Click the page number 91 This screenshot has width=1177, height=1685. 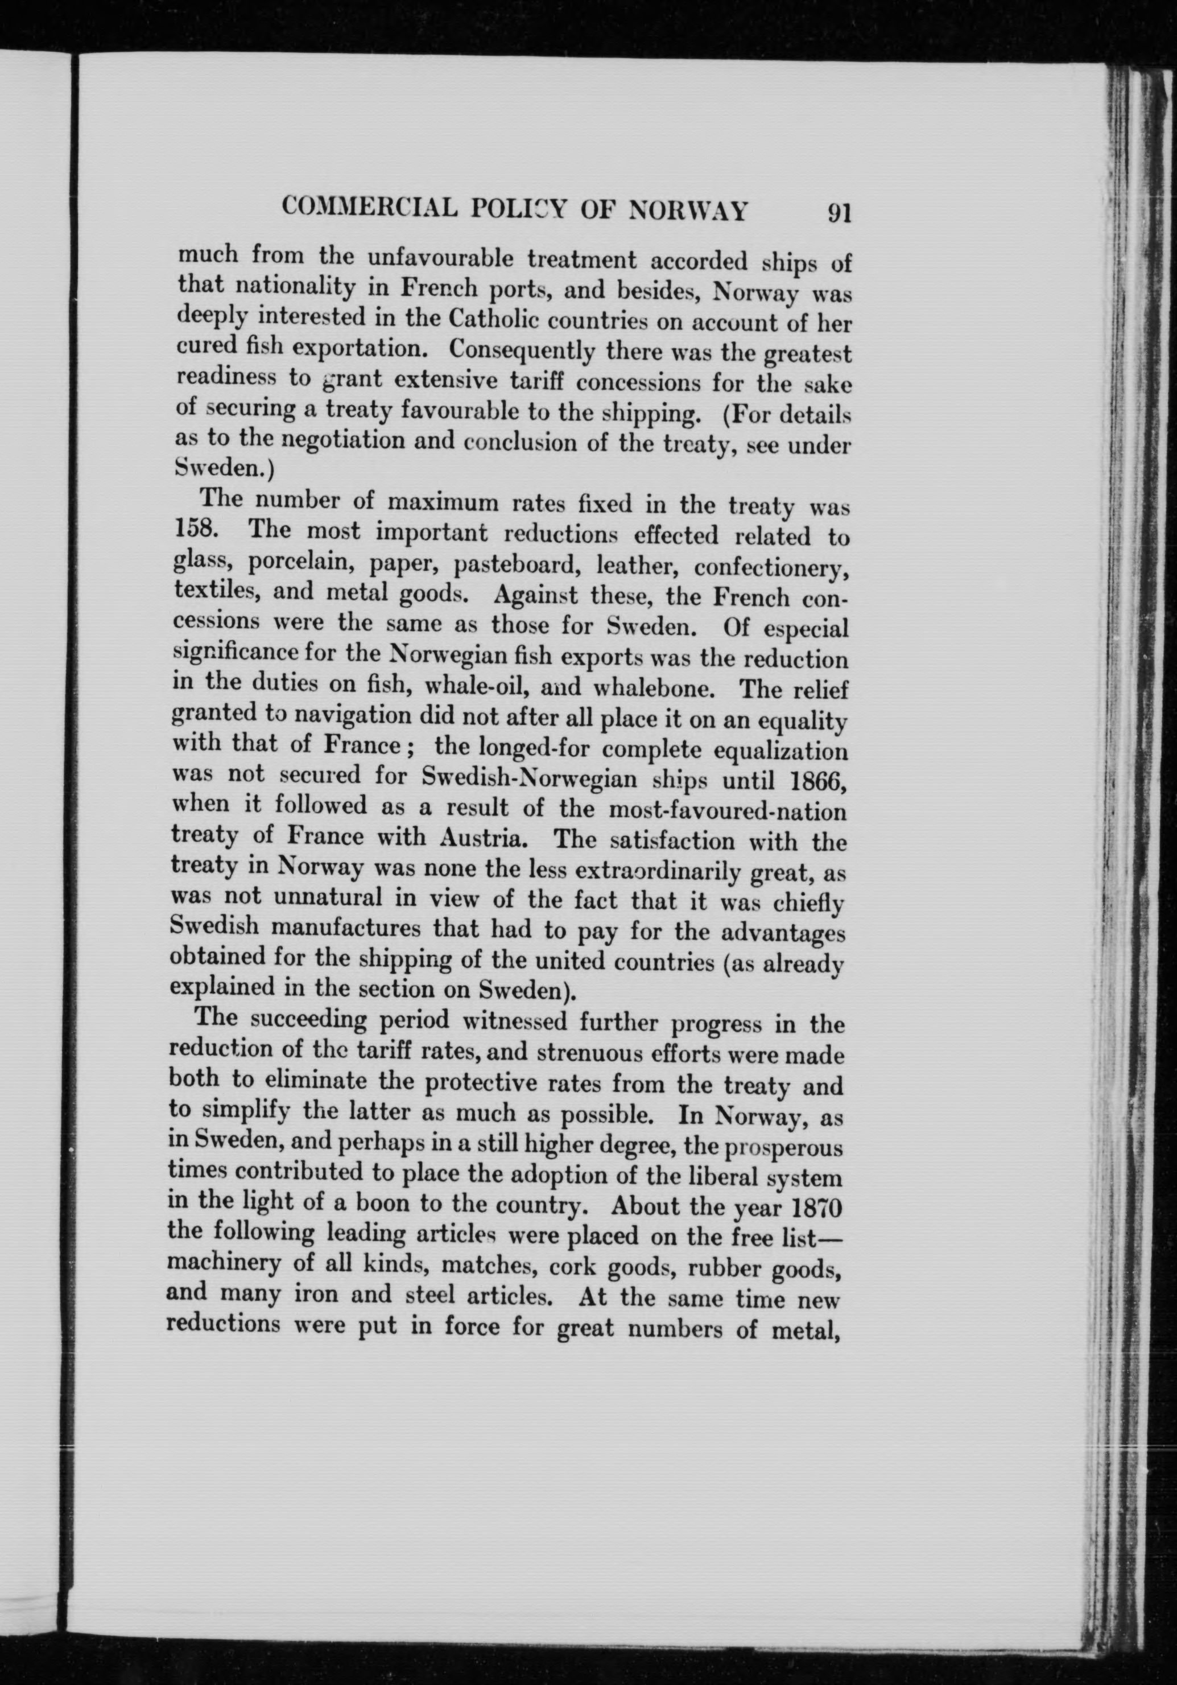838,213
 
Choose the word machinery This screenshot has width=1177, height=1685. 213,1263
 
